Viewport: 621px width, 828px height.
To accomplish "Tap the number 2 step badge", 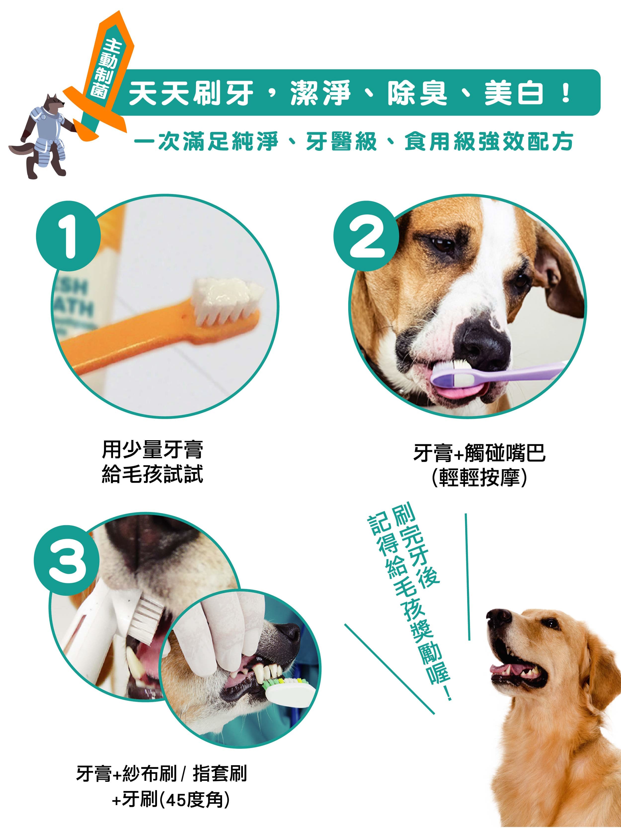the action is tap(366, 236).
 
